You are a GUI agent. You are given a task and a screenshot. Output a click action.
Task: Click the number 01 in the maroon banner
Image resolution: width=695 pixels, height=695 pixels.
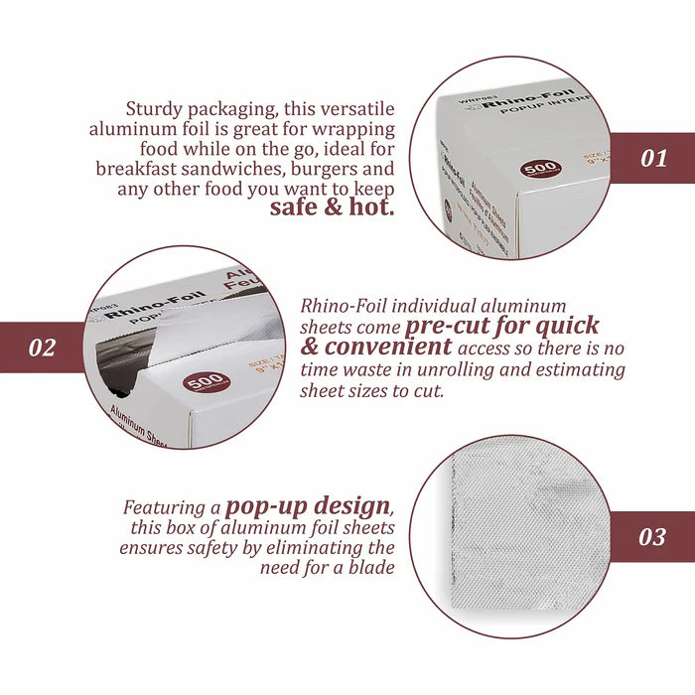[653, 158]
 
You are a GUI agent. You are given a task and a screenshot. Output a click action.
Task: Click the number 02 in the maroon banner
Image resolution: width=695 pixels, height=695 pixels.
[42, 348]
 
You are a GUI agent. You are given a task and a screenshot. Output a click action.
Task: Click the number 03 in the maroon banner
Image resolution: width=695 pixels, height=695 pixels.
[652, 537]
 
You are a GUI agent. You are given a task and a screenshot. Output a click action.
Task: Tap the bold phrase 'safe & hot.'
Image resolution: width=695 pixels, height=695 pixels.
[333, 208]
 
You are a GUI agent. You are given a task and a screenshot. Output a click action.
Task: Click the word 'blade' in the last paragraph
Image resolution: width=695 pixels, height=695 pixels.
[371, 568]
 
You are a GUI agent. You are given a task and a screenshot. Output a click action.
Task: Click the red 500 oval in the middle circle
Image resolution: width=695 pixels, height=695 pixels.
[205, 384]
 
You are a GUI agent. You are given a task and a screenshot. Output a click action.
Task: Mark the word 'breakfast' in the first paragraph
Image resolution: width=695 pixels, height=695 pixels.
[140, 169]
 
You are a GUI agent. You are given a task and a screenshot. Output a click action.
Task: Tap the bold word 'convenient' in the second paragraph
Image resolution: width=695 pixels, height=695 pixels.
[390, 347]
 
